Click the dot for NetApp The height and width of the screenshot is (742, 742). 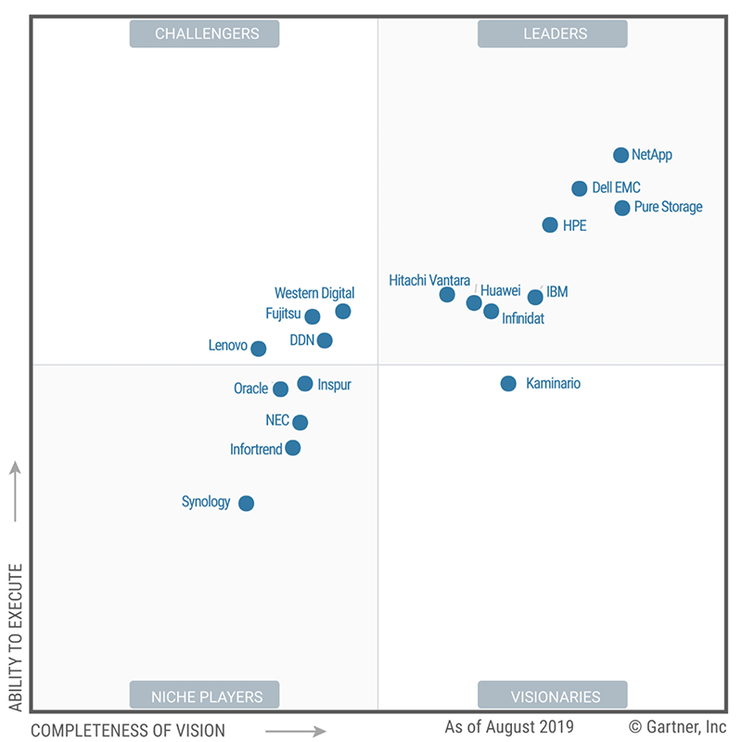tap(620, 155)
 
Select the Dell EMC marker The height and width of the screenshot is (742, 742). tap(579, 188)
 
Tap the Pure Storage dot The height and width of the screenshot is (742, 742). tap(621, 208)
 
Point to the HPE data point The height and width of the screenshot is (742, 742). tap(550, 224)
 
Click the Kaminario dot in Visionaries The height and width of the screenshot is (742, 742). tap(508, 383)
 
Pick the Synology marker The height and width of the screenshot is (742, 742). tap(246, 504)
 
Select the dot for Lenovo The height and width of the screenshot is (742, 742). tap(259, 349)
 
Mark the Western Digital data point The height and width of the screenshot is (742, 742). tap(343, 311)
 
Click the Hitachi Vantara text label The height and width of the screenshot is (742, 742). tap(429, 280)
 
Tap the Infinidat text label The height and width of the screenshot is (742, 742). tap(523, 318)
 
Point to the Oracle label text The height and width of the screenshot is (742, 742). tap(250, 389)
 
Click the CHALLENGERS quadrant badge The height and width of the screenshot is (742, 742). tap(205, 33)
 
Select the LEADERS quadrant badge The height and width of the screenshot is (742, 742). tap(553, 33)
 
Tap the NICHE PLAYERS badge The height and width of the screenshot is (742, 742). tap(205, 696)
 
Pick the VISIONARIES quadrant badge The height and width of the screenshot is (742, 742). tap(553, 696)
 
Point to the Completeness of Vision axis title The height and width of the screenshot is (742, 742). tap(128, 730)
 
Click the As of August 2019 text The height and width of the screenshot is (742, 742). tap(508, 726)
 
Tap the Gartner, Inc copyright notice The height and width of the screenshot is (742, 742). tap(677, 726)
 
